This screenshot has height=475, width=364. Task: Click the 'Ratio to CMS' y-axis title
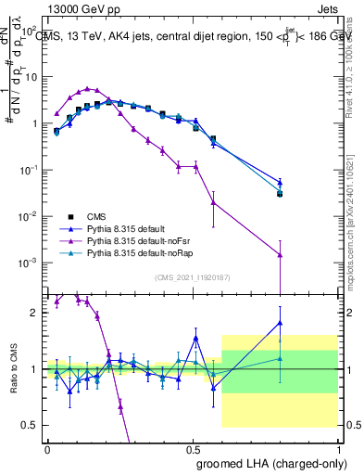click(x=11, y=369)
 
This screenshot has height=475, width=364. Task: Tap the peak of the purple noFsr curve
click(x=88, y=89)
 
